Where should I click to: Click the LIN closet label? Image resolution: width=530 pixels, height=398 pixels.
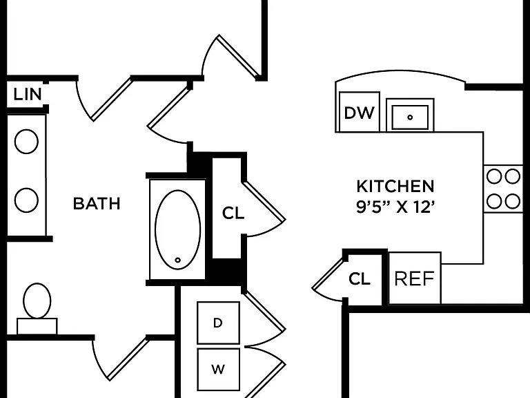coord(28,94)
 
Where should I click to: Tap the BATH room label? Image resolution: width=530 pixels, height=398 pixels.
coord(97,203)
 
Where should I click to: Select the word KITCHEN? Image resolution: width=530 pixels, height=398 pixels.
coord(395,187)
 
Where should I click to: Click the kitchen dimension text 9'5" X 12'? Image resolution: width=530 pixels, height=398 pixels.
coord(395,207)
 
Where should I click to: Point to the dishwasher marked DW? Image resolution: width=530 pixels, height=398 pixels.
coord(360,112)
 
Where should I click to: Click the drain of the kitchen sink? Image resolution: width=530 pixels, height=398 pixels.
coord(410,117)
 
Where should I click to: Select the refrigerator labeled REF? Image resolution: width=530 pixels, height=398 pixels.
coord(415,278)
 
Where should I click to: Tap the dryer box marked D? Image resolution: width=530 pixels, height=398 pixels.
coord(218,323)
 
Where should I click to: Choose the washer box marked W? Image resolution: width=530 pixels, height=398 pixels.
coord(218,369)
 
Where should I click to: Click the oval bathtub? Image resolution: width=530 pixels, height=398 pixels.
coord(178,229)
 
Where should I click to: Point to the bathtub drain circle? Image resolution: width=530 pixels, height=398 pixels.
coord(178,260)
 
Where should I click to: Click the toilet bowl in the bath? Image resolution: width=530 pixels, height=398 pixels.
coord(37,301)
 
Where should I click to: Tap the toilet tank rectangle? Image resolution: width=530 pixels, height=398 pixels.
coord(37,326)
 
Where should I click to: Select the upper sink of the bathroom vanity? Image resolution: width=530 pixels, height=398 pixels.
coord(26,142)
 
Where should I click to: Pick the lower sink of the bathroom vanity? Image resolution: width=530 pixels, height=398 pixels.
coord(26,200)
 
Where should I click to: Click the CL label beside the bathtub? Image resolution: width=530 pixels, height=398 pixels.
coord(233,213)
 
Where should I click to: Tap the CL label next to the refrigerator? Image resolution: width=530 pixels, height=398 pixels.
coord(360,279)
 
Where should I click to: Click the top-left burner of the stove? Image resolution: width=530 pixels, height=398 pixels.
coord(494,177)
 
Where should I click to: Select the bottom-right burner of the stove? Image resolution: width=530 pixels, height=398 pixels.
coord(512,201)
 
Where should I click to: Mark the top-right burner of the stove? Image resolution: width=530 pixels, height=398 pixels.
coord(512,177)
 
